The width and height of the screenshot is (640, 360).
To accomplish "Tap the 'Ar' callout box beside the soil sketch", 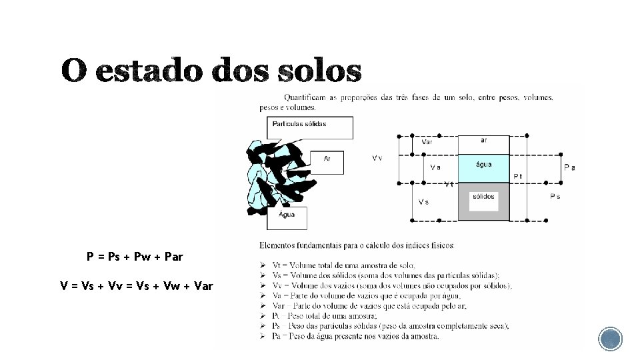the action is point(327,159).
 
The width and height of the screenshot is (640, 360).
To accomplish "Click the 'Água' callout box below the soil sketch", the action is point(288,215).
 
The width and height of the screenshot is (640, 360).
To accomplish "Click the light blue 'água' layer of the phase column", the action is point(483,167).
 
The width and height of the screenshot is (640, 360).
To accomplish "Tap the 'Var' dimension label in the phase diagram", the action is point(427,141).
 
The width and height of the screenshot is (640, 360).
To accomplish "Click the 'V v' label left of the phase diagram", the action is point(377,158).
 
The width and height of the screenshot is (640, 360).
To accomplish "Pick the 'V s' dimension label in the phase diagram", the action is point(423,201).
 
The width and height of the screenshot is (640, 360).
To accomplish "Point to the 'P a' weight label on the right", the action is point(569,167).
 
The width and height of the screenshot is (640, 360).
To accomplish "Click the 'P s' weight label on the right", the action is point(555,197).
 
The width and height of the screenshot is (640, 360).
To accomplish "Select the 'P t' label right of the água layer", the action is point(517,176).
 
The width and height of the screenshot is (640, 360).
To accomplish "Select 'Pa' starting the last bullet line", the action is point(276,336).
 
